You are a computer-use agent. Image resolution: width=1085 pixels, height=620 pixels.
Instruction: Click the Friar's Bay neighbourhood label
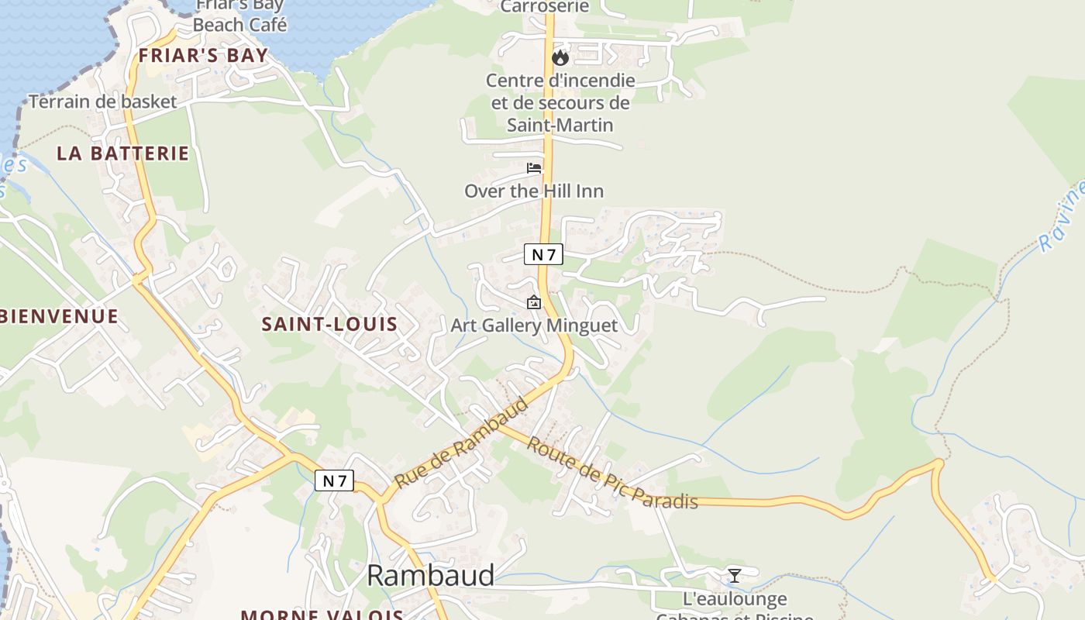tap(203, 56)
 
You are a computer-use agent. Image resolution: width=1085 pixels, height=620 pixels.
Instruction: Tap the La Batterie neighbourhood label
tap(122, 153)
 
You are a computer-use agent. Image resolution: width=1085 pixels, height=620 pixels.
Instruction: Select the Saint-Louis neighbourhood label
tap(329, 324)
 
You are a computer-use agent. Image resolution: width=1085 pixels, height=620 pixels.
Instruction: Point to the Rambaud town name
tap(430, 575)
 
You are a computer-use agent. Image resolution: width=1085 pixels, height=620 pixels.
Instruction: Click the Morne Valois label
tap(322, 615)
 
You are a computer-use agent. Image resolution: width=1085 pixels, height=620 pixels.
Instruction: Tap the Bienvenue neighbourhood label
tap(59, 316)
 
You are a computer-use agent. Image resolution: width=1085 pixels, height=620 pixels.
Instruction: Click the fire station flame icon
tap(560, 57)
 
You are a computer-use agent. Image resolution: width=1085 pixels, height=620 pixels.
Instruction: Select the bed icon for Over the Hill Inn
tap(534, 167)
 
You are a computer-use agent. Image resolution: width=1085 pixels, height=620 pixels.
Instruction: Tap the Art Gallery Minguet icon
tap(533, 303)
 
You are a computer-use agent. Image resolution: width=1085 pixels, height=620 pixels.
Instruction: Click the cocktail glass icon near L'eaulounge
tap(734, 575)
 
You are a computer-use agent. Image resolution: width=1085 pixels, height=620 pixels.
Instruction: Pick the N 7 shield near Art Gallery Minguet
tap(543, 253)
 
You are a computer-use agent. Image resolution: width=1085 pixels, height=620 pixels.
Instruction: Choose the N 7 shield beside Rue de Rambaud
tap(334, 480)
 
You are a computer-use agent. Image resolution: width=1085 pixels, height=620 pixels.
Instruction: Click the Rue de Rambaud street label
tap(461, 443)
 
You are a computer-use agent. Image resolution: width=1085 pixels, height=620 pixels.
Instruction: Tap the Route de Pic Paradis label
tap(612, 474)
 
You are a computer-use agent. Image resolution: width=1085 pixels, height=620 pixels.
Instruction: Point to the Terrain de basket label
tap(103, 102)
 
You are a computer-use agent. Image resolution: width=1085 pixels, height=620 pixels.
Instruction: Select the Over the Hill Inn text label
tap(534, 191)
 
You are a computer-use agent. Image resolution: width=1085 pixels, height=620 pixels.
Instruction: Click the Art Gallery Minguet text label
tap(535, 325)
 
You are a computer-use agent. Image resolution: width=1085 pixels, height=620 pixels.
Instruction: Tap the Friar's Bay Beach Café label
tap(239, 15)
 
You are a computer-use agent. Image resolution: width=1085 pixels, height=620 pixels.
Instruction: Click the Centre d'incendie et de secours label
tap(560, 102)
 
